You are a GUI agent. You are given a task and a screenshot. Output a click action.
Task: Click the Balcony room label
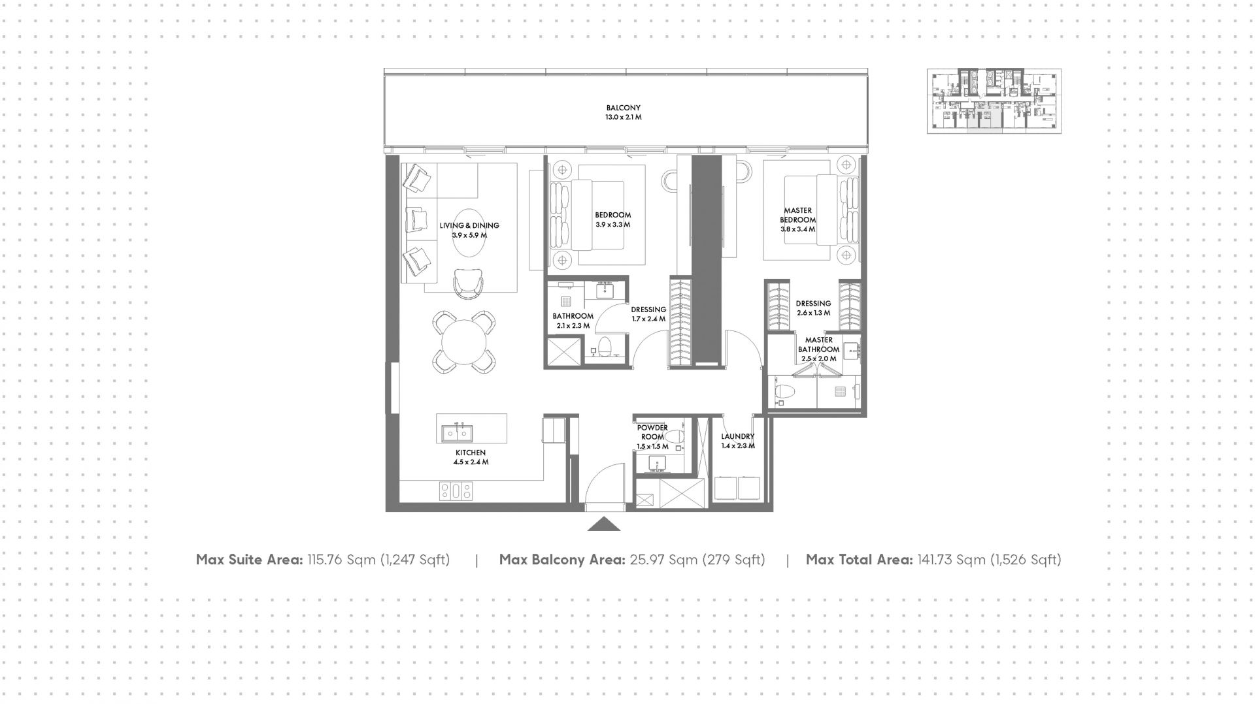coord(623,108)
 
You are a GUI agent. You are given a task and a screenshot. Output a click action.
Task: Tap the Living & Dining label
coord(469,225)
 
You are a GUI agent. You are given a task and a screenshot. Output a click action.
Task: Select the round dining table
coord(464,342)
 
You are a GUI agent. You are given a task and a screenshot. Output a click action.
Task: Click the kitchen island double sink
coord(458,432)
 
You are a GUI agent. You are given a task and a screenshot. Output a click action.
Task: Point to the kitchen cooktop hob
coord(456,491)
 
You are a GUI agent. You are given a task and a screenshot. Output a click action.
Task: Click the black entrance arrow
coord(604,524)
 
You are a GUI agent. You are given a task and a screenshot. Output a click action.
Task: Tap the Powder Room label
coord(652,432)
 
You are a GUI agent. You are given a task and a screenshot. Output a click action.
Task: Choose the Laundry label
coord(738,436)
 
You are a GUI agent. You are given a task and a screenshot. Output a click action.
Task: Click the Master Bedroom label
coord(797,215)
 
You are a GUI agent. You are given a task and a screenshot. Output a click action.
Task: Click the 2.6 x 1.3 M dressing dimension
coord(814,313)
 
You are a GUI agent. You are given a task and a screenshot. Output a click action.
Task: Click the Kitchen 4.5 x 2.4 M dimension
coord(471,462)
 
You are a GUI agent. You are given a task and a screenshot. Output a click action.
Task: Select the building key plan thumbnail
coord(994,101)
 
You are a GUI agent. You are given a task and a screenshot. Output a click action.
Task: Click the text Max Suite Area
coord(249,560)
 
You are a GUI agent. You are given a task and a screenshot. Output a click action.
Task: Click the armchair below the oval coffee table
coord(469,283)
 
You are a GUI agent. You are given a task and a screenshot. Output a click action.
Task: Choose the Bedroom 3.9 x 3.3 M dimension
coord(613,225)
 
